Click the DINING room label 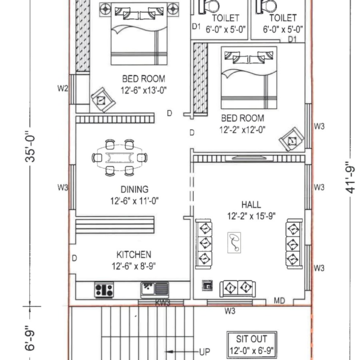pyautogui.click(x=134, y=190)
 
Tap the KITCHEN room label pyautogui.click(x=134, y=255)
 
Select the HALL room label pyautogui.click(x=251, y=205)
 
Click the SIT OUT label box pyautogui.click(x=252, y=345)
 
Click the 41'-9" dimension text pyautogui.click(x=351, y=178)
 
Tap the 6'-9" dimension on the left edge pyautogui.click(x=30, y=337)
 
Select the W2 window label pyautogui.click(x=62, y=89)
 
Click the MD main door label pyautogui.click(x=279, y=301)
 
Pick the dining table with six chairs pyautogui.click(x=120, y=158)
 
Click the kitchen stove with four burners pyautogui.click(x=104, y=290)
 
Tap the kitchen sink pyautogui.click(x=155, y=289)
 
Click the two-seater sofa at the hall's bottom pyautogui.click(x=237, y=288)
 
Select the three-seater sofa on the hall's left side pyautogui.click(x=203, y=244)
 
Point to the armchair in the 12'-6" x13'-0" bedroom pyautogui.click(x=103, y=100)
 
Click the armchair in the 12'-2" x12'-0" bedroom pyautogui.click(x=292, y=139)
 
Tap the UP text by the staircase pyautogui.click(x=204, y=352)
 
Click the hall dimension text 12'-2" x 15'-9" pyautogui.click(x=251, y=217)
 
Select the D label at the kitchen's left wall pyautogui.click(x=74, y=258)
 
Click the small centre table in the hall pyautogui.click(x=234, y=243)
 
